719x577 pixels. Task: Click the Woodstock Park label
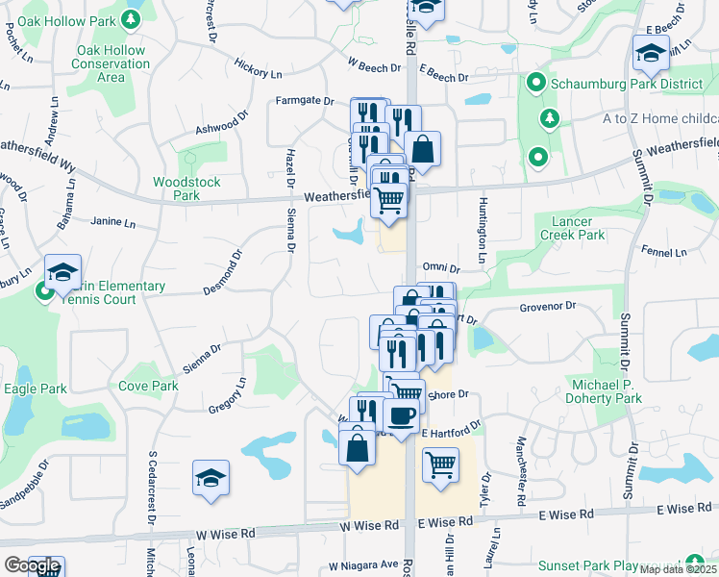click(186, 188)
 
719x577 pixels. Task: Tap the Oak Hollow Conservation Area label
click(112, 63)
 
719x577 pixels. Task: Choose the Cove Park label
click(148, 386)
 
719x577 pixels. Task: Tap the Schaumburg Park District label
click(614, 84)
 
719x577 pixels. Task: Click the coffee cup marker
click(401, 414)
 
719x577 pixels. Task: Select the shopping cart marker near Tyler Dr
click(440, 464)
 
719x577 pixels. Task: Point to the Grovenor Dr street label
click(547, 307)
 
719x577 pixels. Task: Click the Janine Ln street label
click(112, 221)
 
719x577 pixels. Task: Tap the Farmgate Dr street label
click(304, 100)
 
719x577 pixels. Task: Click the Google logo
click(32, 566)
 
